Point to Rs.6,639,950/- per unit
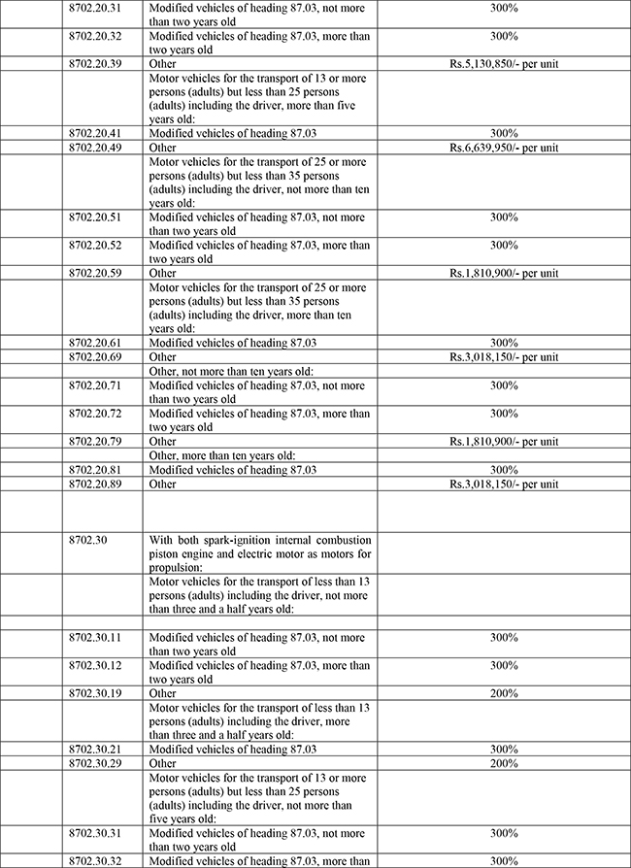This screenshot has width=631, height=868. pyautogui.click(x=503, y=148)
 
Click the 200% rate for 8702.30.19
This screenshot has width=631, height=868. pyautogui.click(x=503, y=694)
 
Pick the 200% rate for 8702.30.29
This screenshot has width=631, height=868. pyautogui.click(x=503, y=764)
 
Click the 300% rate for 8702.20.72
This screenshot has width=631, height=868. pyautogui.click(x=503, y=414)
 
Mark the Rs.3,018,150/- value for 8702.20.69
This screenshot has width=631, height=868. pyautogui.click(x=503, y=357)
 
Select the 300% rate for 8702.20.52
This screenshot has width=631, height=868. pyautogui.click(x=503, y=245)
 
